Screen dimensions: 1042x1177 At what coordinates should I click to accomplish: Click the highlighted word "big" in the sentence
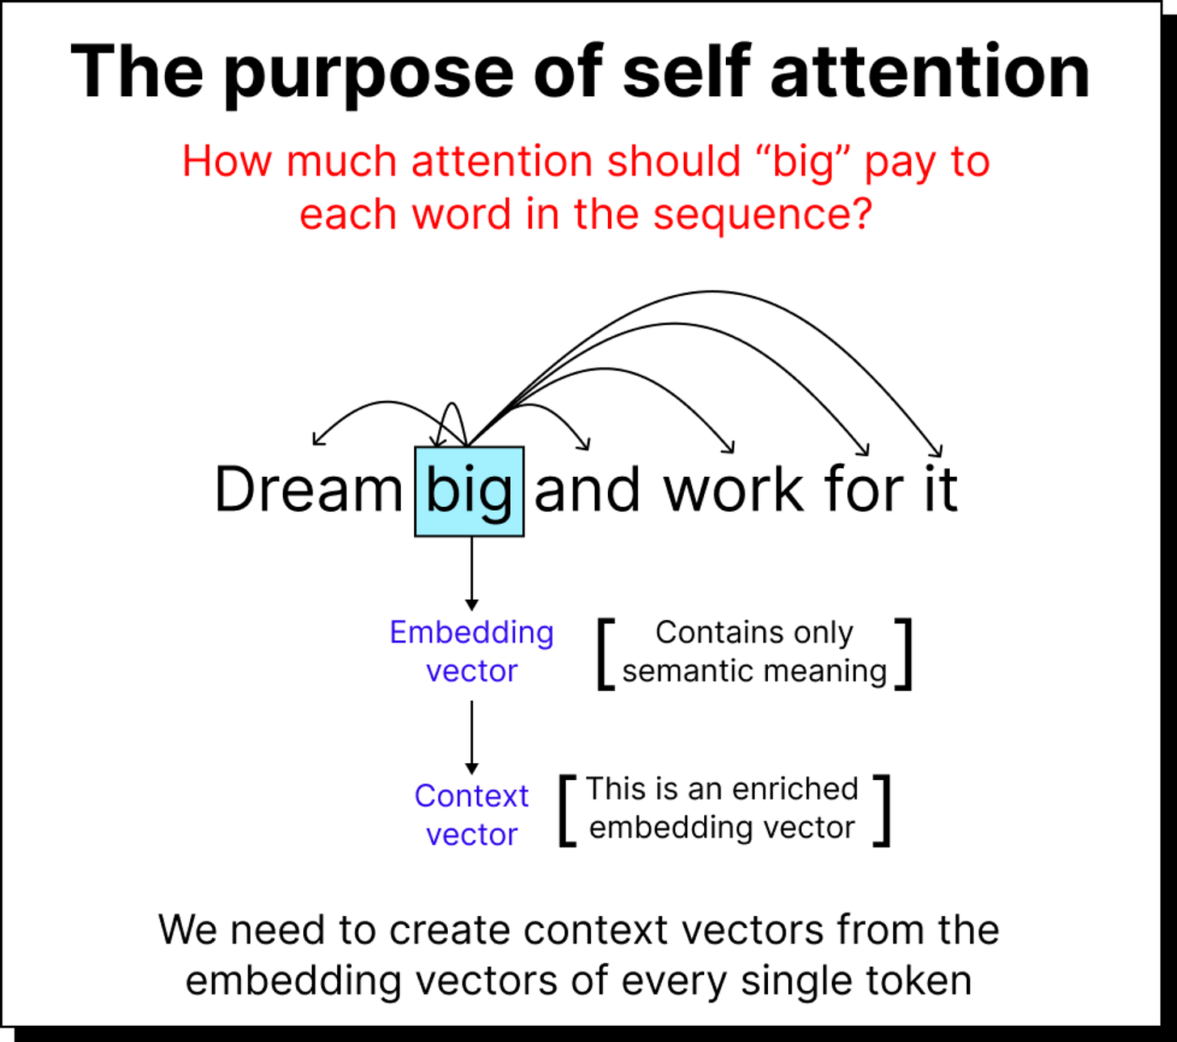point(469,491)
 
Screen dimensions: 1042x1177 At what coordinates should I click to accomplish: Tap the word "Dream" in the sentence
point(308,490)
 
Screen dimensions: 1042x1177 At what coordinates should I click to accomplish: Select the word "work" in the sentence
point(734,490)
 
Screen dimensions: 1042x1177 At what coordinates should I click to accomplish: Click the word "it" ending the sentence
point(940,490)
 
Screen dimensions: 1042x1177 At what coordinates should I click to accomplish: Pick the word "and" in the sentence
point(588,490)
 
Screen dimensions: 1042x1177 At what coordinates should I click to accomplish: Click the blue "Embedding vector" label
point(471,652)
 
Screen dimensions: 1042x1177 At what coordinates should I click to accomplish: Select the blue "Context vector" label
point(471,815)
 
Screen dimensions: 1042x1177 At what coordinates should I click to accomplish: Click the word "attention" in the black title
point(930,73)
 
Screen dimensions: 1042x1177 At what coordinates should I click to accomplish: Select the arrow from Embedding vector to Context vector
point(472,736)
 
